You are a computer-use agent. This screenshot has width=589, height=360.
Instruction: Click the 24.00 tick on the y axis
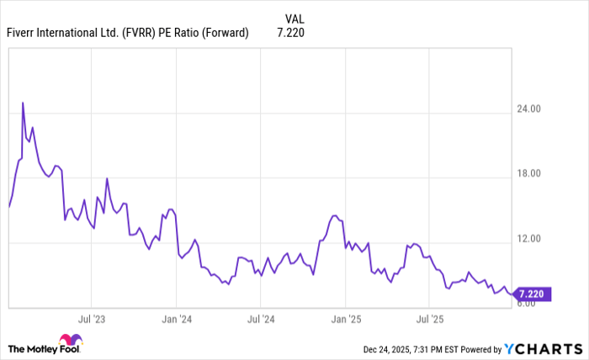tap(528, 109)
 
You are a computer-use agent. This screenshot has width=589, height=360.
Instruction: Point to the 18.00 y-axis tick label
tap(528, 174)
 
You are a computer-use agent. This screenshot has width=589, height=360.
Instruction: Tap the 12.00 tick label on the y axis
tap(528, 239)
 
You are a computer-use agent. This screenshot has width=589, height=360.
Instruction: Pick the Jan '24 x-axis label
tap(176, 320)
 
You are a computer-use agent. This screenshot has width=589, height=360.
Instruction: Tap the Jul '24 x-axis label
tap(261, 320)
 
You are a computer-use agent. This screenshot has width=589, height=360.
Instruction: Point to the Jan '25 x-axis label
tap(346, 320)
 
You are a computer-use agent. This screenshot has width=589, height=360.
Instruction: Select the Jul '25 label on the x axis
tap(430, 320)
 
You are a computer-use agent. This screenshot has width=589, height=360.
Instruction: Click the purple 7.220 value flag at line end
tap(532, 294)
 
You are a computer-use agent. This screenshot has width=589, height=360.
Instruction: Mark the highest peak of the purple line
tap(23, 103)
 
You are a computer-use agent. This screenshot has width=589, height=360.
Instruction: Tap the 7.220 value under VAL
tap(290, 33)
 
